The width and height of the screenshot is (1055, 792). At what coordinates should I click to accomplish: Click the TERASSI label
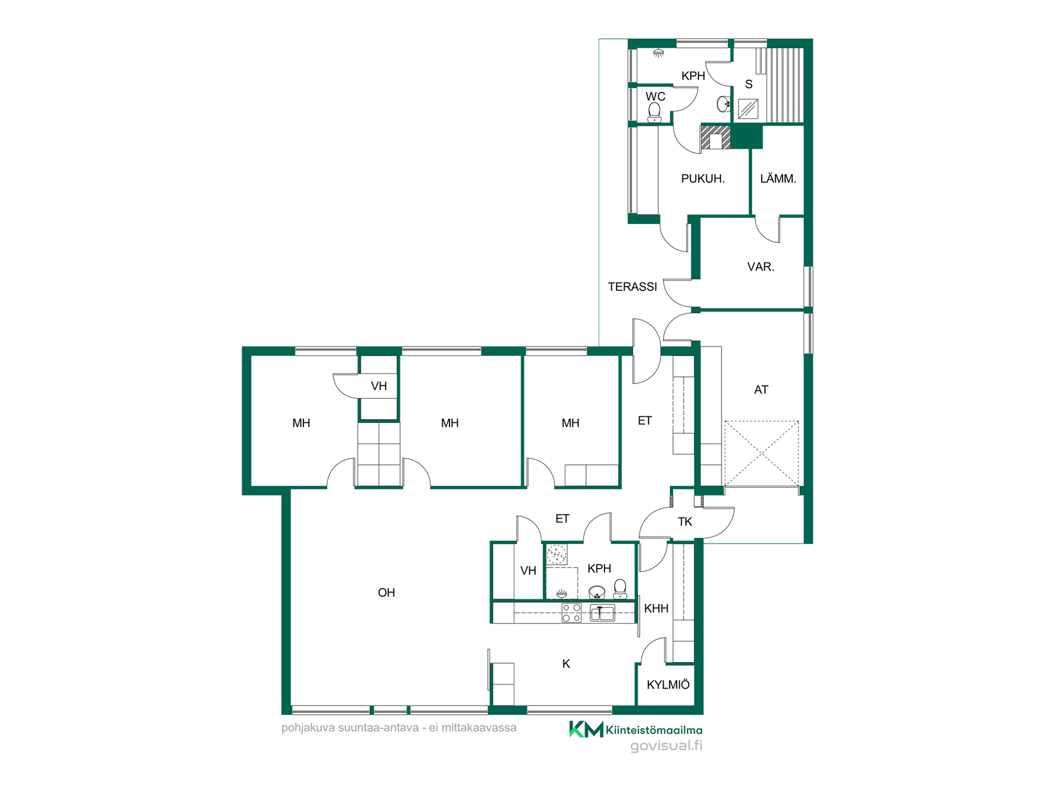[x=632, y=287]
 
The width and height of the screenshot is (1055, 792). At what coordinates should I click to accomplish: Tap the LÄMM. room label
[x=778, y=178]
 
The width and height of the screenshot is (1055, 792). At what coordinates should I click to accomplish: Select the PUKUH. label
[x=703, y=179]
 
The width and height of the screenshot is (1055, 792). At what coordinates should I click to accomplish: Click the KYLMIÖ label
[x=668, y=685]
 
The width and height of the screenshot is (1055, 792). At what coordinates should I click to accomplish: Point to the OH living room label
[x=386, y=592]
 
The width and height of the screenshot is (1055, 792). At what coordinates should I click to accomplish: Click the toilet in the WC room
[x=654, y=112]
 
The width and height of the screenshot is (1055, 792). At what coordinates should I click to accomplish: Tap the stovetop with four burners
[x=571, y=613]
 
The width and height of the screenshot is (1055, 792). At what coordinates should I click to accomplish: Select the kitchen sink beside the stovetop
[x=602, y=613]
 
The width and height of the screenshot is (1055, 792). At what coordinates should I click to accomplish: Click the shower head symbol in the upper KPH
[x=658, y=53]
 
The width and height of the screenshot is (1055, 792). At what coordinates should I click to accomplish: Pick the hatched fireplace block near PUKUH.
[x=715, y=137]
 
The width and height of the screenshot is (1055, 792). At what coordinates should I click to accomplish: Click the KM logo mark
[x=586, y=729]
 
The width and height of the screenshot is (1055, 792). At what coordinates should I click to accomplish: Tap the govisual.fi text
[x=666, y=746]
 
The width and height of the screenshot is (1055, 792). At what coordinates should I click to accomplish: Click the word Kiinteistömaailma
[x=654, y=730]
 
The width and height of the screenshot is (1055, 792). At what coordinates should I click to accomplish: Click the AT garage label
[x=761, y=390]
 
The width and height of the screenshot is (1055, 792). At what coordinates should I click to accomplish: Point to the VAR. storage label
[x=760, y=267]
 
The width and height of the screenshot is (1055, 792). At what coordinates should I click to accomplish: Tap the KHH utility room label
[x=656, y=608]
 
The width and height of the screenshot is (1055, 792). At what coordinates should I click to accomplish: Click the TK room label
[x=685, y=521]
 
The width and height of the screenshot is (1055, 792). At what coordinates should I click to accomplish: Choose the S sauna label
[x=748, y=84]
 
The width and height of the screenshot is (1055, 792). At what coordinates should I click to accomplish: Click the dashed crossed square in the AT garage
[x=762, y=454]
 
